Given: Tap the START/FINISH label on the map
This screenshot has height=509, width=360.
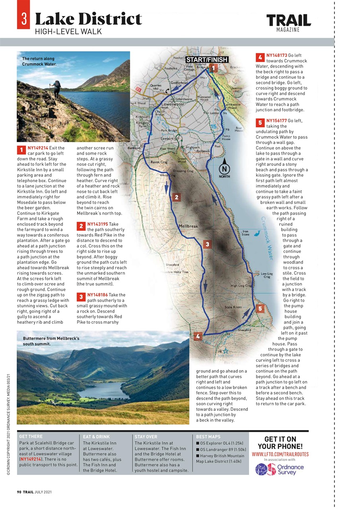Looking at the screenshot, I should (207, 60).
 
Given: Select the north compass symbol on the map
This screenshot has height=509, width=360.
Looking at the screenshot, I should (224, 168).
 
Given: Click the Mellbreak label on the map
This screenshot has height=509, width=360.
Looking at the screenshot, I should (188, 226).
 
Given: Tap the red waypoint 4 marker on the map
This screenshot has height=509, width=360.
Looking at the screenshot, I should (198, 336).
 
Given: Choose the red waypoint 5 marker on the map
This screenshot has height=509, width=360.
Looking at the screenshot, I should (260, 308).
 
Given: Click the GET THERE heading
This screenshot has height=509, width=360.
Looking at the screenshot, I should (31, 437).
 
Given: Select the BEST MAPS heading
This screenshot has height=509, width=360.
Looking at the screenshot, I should (208, 437).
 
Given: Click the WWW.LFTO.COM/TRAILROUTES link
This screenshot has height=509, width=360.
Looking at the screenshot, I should (280, 454).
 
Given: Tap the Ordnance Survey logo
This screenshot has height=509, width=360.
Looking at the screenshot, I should (280, 469).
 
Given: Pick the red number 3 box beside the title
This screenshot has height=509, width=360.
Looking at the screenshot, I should (23, 19).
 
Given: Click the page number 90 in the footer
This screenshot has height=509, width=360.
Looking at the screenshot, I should (19, 492).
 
